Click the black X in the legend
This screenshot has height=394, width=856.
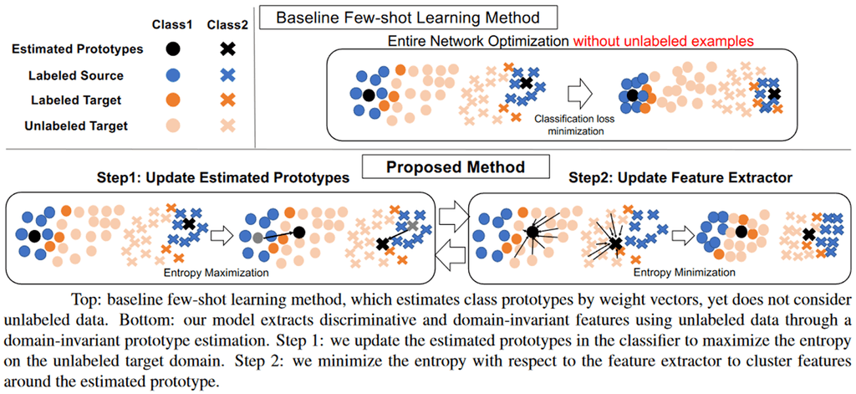tap(227, 49)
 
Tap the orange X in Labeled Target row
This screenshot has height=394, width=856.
tap(227, 100)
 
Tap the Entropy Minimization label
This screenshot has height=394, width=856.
tap(685, 273)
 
